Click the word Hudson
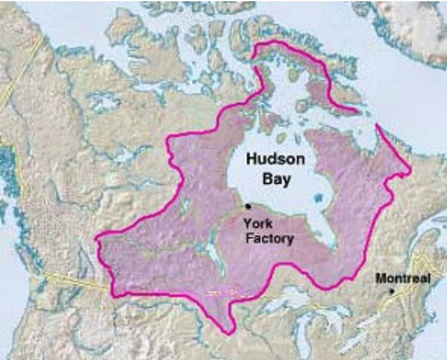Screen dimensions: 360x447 tap(275, 160)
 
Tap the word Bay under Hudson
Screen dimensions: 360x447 tap(275, 179)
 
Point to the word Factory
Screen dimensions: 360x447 tap(269, 239)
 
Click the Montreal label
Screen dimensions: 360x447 tap(402, 279)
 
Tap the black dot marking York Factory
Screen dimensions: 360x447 tap(248, 206)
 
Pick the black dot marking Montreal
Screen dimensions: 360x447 tap(392, 291)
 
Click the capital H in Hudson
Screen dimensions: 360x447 tap(251, 160)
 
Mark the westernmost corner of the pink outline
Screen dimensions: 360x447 tap(96, 239)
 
